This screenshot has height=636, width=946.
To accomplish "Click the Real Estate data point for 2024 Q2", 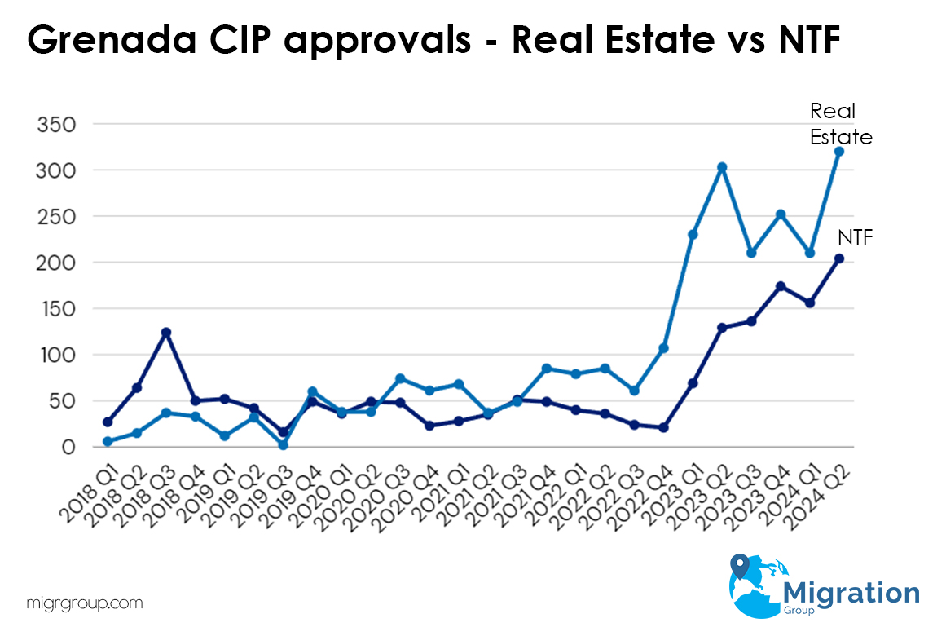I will [x=839, y=152].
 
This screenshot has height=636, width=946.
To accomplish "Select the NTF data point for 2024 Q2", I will [x=839, y=258].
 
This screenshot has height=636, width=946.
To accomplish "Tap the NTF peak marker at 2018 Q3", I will [x=165, y=333].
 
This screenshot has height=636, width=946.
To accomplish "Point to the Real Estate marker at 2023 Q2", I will [x=722, y=167].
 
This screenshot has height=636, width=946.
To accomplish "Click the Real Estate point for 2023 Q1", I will [x=693, y=235].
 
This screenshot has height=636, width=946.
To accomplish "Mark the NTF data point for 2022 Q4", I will [x=663, y=427].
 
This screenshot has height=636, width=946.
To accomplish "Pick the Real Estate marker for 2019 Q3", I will [x=283, y=445].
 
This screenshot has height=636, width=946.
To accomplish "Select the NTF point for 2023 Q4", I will [x=781, y=286].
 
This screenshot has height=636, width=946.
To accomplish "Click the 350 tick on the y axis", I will [x=57, y=125].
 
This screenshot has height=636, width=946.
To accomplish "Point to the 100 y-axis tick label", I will [x=57, y=356].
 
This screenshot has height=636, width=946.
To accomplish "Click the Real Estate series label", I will [x=840, y=124].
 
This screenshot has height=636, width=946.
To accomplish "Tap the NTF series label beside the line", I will [x=855, y=238].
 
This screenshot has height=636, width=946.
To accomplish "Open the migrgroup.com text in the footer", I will [x=85, y=604].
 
